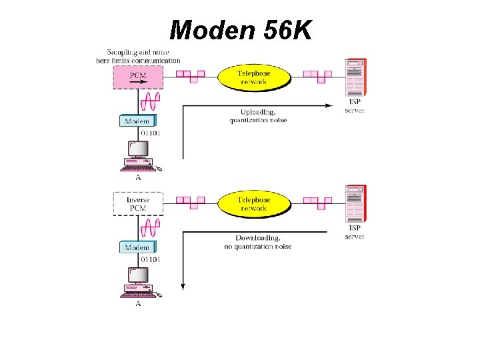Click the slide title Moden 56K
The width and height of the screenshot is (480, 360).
[x=240, y=29]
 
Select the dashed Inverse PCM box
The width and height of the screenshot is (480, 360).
[x=138, y=204]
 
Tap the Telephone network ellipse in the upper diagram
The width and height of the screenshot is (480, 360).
[x=253, y=77]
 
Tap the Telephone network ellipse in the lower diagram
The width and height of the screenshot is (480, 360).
[x=253, y=204]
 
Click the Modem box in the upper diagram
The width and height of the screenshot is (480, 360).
[x=138, y=121]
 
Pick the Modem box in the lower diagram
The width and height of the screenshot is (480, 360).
[x=138, y=247]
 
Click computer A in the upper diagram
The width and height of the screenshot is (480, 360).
[x=138, y=156]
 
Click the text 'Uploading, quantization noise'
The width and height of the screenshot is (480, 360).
[x=257, y=116]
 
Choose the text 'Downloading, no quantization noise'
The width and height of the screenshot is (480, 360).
[x=257, y=243]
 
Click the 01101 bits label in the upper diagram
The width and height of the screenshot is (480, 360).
[x=150, y=133]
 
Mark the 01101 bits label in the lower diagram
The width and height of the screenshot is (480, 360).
[x=150, y=259]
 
